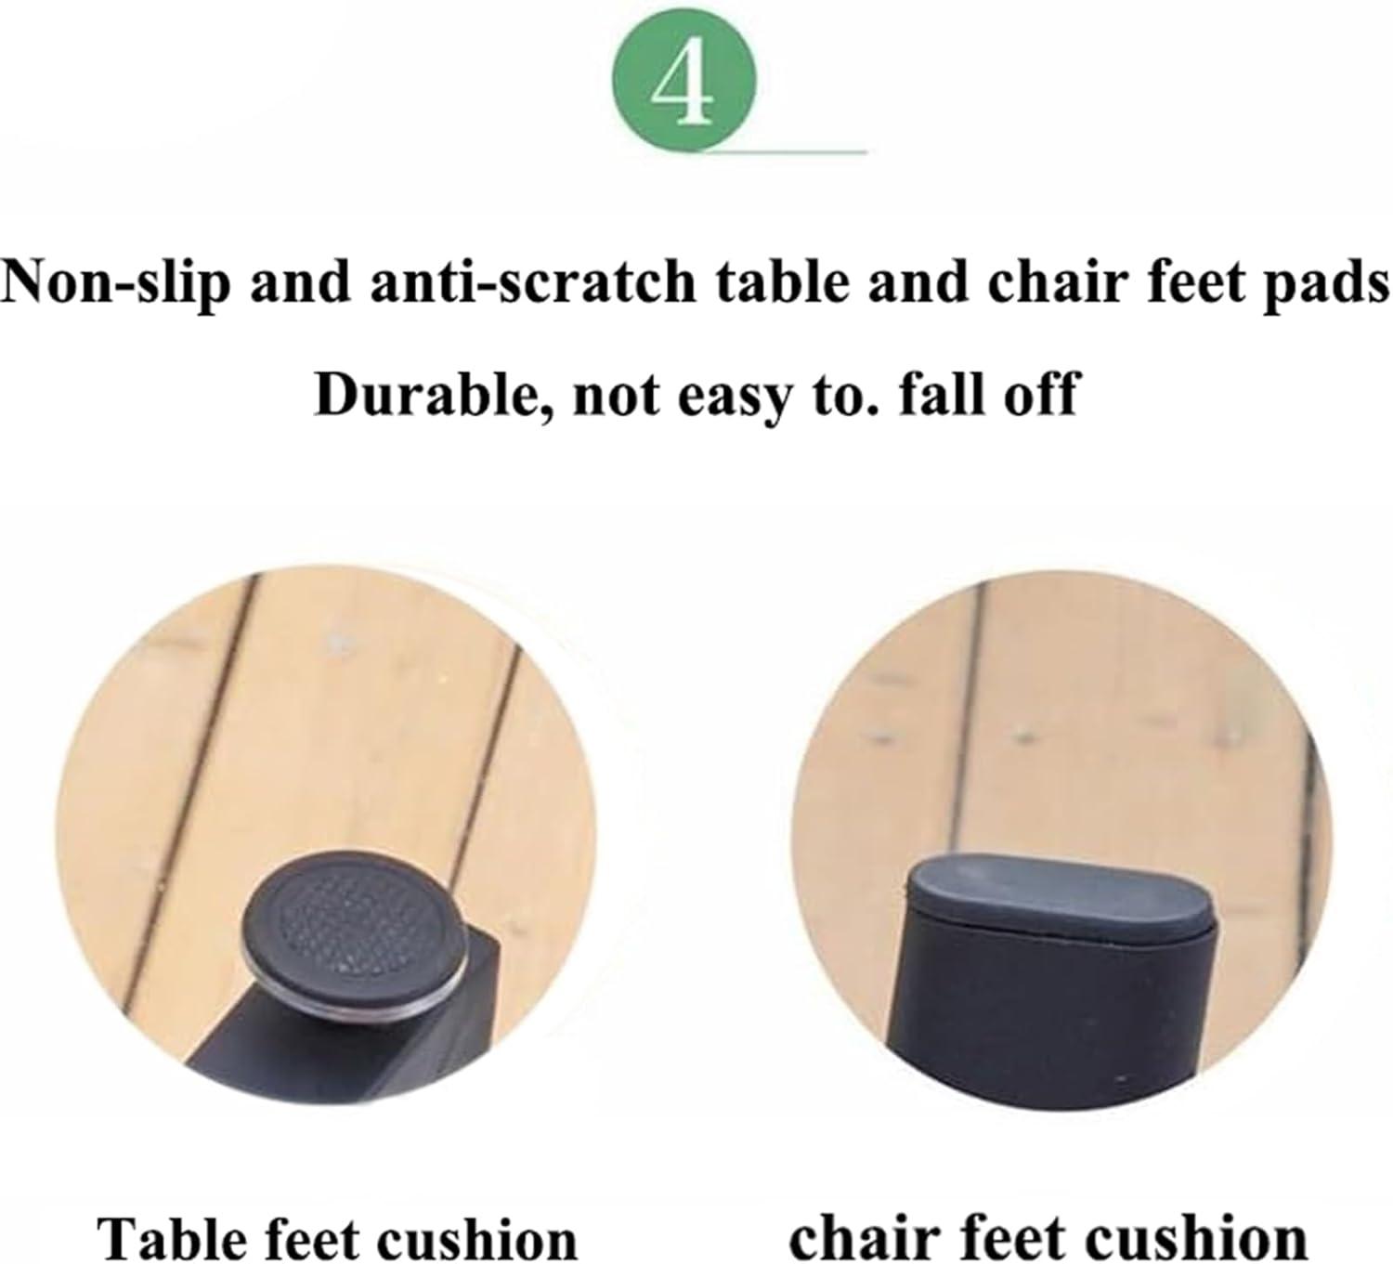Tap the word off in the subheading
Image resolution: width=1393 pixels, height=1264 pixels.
pyautogui.click(x=1038, y=393)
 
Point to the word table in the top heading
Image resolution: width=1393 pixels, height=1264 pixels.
pyautogui.click(x=782, y=282)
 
